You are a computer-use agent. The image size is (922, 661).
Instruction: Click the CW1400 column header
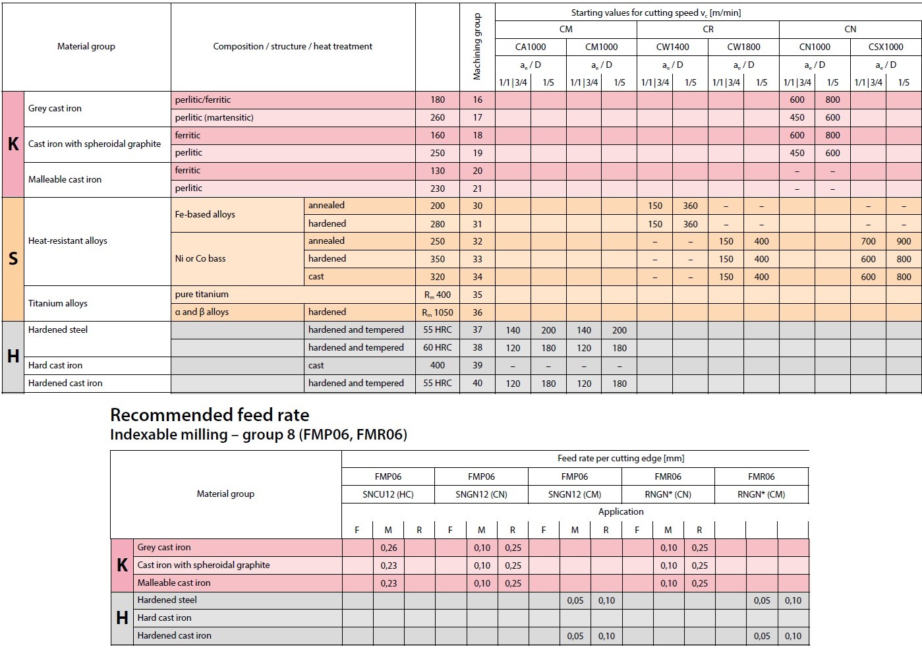pyautogui.click(x=672, y=47)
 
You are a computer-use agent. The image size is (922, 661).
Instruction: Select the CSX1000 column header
pyautogui.click(x=885, y=47)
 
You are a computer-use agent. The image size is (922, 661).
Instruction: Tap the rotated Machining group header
pyautogui.click(x=476, y=47)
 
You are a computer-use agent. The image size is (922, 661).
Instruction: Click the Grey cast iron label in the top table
pyautogui.click(x=55, y=108)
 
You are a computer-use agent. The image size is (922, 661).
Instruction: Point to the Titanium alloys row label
pyautogui.click(x=57, y=303)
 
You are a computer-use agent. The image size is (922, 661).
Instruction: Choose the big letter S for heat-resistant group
pyautogui.click(x=13, y=258)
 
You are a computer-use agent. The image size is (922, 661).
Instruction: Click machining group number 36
pyautogui.click(x=477, y=312)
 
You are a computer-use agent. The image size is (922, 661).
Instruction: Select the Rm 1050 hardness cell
pyautogui.click(x=437, y=313)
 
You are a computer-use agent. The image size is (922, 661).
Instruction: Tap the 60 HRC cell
pyautogui.click(x=437, y=347)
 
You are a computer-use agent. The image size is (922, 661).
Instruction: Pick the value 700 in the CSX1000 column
pyautogui.click(x=868, y=242)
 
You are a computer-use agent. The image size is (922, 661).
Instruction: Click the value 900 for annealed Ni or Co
pyautogui.click(x=904, y=242)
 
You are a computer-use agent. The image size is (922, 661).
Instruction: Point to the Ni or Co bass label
pyautogui.click(x=200, y=258)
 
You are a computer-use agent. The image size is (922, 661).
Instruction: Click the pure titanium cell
pyautogui.click(x=201, y=295)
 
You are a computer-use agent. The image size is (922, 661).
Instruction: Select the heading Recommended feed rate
pyautogui.click(x=210, y=415)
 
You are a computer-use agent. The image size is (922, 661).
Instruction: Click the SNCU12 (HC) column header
pyautogui.click(x=388, y=494)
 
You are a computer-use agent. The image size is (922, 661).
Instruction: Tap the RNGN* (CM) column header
pyautogui.click(x=761, y=494)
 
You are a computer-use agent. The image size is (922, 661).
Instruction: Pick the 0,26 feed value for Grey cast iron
pyautogui.click(x=389, y=548)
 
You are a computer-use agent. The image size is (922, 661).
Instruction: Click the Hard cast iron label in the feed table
pyautogui.click(x=164, y=618)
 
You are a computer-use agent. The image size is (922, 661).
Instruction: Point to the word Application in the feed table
pyautogui.click(x=621, y=511)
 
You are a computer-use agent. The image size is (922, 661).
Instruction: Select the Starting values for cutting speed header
pyautogui.click(x=656, y=13)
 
